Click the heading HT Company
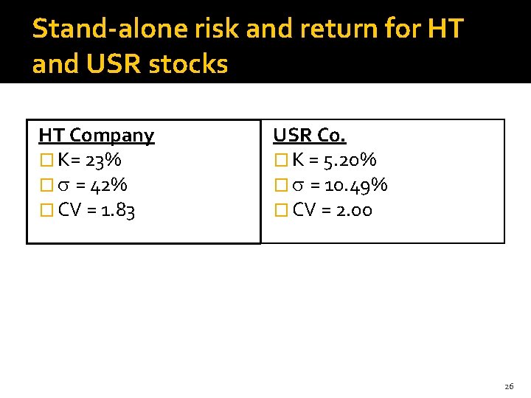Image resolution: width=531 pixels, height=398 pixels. [96, 136]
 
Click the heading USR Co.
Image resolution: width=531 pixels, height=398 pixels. [309, 136]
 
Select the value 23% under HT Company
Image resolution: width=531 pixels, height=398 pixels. [103, 160]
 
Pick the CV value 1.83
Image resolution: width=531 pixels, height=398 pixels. [117, 210]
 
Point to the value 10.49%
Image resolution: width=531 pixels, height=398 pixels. [359, 185]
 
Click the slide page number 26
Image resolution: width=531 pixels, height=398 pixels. [509, 386]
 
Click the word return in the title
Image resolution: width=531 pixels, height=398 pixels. [338, 29]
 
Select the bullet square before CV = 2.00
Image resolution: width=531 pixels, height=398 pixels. [280, 211]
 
